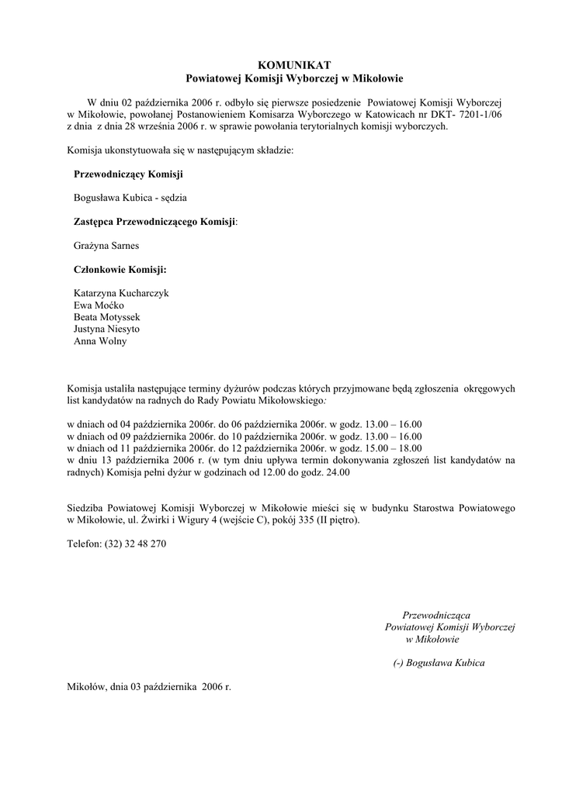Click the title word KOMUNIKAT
(x=294, y=65)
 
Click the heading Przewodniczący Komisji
(x=129, y=174)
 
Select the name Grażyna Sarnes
(x=107, y=246)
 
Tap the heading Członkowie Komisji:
(x=120, y=270)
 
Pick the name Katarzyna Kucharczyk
(x=121, y=294)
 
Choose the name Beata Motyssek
(x=107, y=317)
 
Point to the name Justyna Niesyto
(x=107, y=329)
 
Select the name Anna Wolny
(x=100, y=340)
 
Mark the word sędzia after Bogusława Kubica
(x=172, y=198)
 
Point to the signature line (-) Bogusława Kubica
(x=439, y=663)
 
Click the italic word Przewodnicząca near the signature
(x=436, y=615)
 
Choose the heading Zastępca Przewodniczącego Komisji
(x=154, y=222)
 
